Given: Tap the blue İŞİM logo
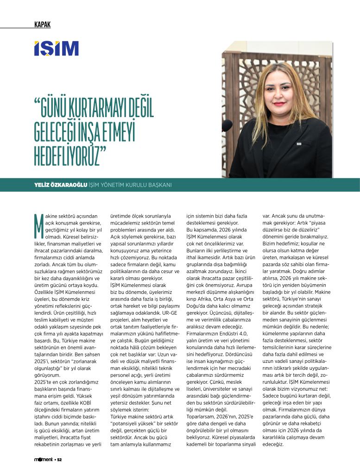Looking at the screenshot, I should click(x=56, y=49).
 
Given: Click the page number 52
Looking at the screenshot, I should click(x=59, y=460).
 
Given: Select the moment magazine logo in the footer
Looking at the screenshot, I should click(x=44, y=460).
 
